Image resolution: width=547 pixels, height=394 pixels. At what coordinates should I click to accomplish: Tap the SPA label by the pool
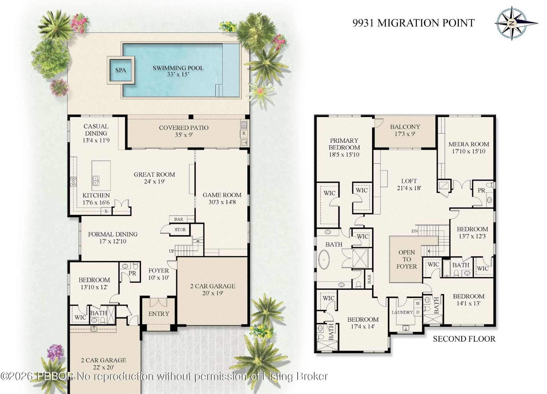[121, 70]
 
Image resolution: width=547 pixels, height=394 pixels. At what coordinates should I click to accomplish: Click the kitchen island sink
[96, 180]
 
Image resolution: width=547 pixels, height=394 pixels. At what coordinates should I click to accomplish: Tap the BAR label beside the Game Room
[179, 219]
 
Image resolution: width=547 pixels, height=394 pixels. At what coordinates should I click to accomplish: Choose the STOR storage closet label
[180, 230]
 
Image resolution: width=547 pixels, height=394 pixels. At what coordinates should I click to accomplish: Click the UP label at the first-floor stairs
[172, 251]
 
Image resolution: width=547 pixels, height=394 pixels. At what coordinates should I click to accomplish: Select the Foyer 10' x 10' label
[159, 274]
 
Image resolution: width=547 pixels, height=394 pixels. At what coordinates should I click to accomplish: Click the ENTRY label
[159, 314]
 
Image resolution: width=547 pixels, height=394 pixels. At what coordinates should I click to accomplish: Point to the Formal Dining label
[113, 238]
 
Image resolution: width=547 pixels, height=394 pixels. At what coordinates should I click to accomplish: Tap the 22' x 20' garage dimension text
[103, 367]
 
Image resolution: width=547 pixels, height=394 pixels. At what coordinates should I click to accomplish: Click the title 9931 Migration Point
[413, 23]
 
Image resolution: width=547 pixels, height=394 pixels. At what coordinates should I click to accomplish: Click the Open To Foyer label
[407, 259]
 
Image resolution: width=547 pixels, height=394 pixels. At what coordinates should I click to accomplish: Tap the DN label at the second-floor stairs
[415, 231]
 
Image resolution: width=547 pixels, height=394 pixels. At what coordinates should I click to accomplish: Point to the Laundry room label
[402, 312]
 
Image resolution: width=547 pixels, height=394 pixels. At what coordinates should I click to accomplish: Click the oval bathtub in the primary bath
[324, 260]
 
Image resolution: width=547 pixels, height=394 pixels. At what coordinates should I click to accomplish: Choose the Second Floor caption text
[464, 339]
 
